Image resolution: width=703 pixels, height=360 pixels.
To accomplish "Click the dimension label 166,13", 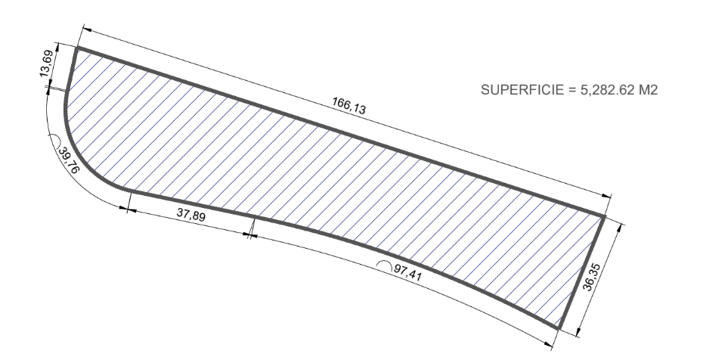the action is pos(348,106).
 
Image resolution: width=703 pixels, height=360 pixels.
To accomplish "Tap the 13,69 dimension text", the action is pos(47,64).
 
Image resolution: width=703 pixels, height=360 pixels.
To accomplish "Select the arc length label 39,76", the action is pos(69,160).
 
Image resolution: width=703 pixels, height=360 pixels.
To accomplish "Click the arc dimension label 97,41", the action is pos(407,272).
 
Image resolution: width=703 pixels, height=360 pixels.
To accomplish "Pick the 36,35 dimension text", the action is pos(591,277).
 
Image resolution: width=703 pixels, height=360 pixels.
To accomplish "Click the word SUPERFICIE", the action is pos(522,90).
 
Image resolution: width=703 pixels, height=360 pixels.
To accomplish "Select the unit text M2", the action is pos(649,90).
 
